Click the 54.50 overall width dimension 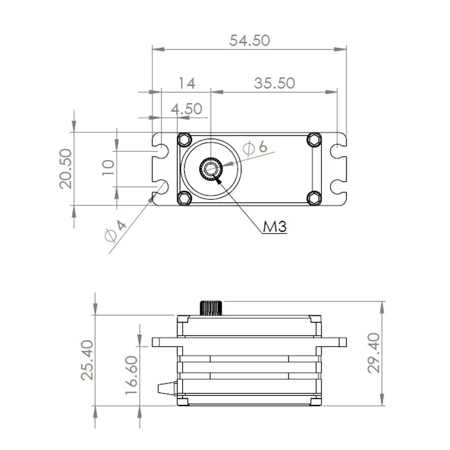(x=250, y=40)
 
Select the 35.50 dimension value (x=274, y=83)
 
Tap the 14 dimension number (x=187, y=83)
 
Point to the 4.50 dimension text (x=187, y=109)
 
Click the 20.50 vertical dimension (x=66, y=169)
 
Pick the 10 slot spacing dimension (x=109, y=167)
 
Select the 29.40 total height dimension (x=373, y=353)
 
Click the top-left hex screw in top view (x=184, y=139)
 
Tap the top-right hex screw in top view (x=314, y=139)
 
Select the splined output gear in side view (x=211, y=308)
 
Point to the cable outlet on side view (x=168, y=388)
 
